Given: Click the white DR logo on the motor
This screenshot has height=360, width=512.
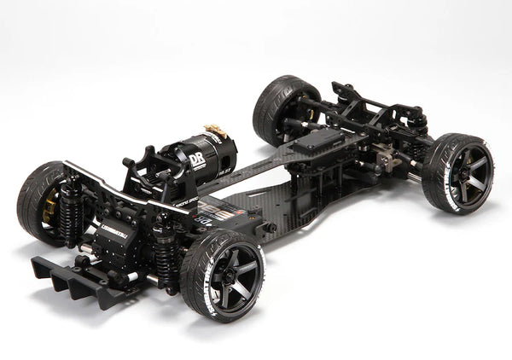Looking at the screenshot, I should pyautogui.click(x=196, y=160).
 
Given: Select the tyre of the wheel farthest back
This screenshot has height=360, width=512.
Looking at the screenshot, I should pyautogui.click(x=273, y=107).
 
